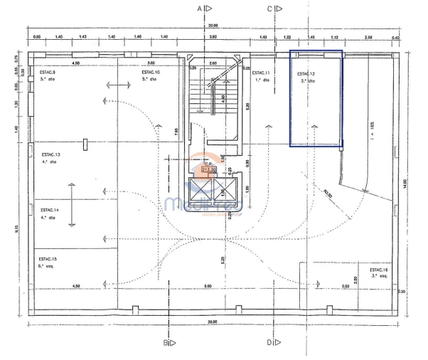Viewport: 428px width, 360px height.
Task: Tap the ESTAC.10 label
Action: [150, 73]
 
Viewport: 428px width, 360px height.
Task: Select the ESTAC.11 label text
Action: [261, 73]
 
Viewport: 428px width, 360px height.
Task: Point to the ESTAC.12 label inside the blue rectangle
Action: [306, 74]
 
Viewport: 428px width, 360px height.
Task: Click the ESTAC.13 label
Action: [50, 154]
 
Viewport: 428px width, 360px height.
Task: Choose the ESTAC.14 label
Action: [50, 210]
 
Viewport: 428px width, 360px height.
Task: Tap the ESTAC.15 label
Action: [49, 258]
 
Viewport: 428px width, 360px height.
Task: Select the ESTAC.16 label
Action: [378, 270]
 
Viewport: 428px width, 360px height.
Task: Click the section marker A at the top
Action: [200, 9]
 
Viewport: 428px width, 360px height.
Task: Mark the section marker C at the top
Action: [270, 9]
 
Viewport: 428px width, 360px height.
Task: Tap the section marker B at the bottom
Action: [165, 343]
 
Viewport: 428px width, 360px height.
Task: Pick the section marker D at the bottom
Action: [270, 343]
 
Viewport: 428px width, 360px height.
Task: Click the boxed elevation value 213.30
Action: [209, 169]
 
